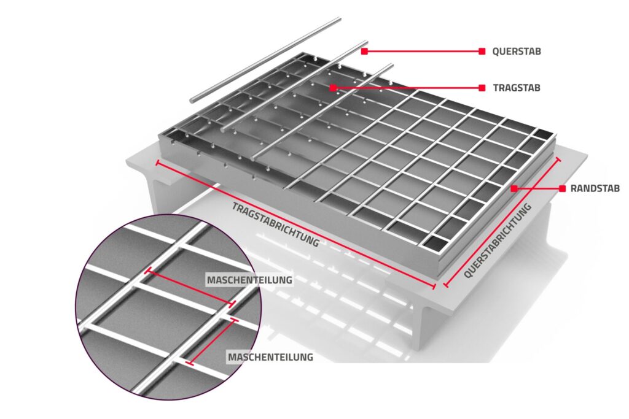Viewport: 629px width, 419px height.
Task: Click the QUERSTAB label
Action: [516, 52]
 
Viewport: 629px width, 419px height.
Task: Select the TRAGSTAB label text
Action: [517, 88]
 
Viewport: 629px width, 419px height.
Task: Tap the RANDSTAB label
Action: [595, 188]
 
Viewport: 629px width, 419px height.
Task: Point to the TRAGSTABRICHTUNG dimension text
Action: [276, 225]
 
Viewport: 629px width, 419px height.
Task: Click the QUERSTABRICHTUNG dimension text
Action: [498, 240]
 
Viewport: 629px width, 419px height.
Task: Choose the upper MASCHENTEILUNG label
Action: [249, 280]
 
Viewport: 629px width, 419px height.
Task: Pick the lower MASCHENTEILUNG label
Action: [270, 356]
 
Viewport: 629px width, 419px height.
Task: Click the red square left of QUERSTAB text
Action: [482, 52]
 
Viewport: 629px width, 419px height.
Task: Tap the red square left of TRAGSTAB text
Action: [482, 88]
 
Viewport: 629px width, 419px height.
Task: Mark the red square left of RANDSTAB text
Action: [563, 188]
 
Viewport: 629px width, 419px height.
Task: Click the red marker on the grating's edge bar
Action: [514, 188]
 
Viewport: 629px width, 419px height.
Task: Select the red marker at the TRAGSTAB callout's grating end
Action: [333, 88]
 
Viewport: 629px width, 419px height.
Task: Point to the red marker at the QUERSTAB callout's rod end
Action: [364, 52]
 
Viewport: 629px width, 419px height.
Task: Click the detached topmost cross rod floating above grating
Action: [265, 60]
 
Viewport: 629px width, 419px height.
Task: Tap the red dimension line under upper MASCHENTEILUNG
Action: [190, 287]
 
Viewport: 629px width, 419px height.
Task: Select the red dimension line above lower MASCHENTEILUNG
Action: [212, 342]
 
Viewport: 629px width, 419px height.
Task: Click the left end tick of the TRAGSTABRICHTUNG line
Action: [157, 163]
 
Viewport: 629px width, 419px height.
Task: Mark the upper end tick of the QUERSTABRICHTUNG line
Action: [558, 159]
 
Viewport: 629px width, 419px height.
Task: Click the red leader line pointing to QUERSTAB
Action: [423, 52]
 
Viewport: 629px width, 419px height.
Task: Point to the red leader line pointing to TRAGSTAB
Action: [408, 88]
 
